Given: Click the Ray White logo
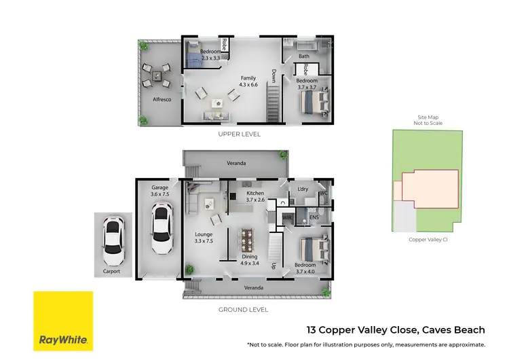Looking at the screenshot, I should pyautogui.click(x=63, y=321).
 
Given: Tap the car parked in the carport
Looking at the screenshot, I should pyautogui.click(x=113, y=242).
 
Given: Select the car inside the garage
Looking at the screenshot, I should pyautogui.click(x=160, y=223).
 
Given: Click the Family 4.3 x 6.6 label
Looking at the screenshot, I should pyautogui.click(x=248, y=82).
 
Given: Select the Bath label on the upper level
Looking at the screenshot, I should pyautogui.click(x=303, y=57).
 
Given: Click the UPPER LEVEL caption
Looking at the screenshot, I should pyautogui.click(x=239, y=134).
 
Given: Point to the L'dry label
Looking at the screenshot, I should pyautogui.click(x=303, y=190).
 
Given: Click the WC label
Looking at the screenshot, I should pyautogui.click(x=324, y=193).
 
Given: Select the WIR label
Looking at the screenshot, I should pyautogui.click(x=288, y=217).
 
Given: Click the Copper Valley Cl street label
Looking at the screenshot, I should pyautogui.click(x=427, y=239).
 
